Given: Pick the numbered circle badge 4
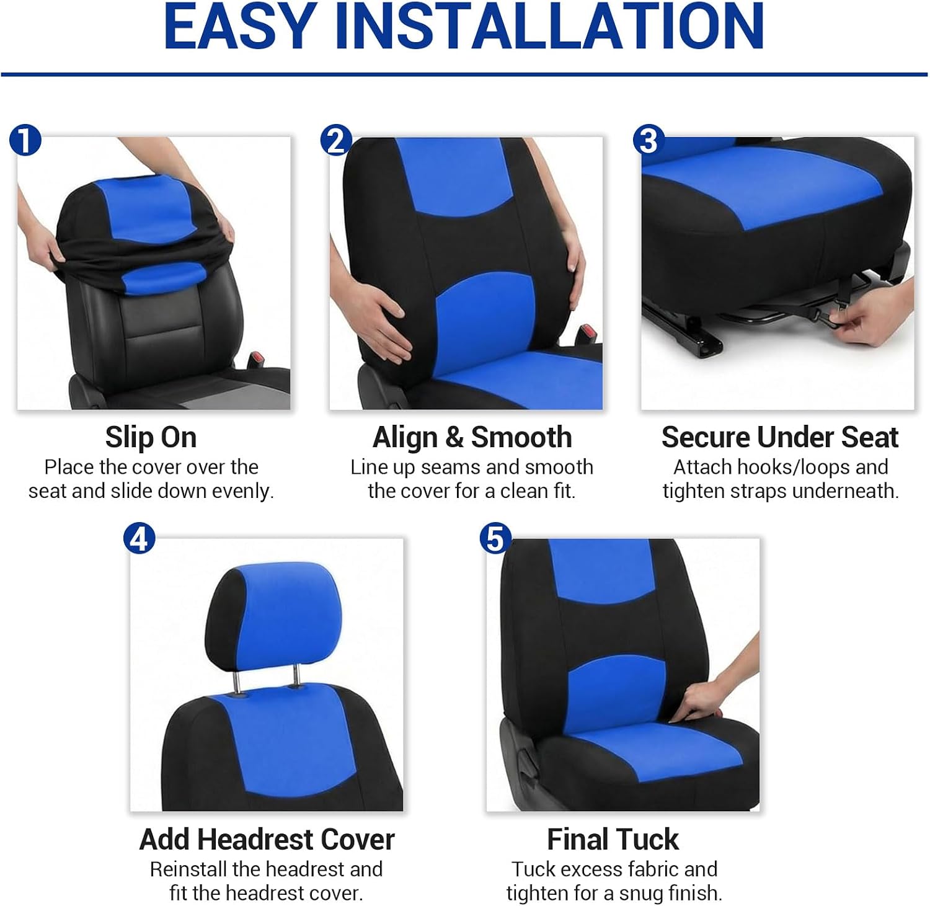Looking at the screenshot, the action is [x=139, y=538].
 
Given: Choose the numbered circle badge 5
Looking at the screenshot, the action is [x=495, y=538].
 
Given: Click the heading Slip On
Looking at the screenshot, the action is [x=151, y=438].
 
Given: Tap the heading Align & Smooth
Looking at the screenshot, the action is [x=472, y=438].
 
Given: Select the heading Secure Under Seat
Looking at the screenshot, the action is [x=780, y=438].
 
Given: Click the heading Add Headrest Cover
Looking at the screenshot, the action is [x=267, y=840].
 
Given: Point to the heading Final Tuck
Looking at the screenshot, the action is [x=613, y=840].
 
